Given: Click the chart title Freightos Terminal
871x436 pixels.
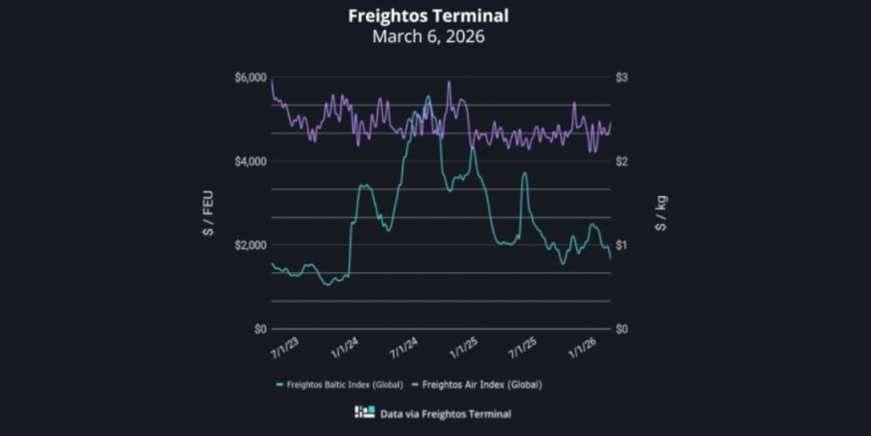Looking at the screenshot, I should (x=429, y=16).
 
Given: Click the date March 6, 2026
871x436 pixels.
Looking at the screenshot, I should (x=429, y=37).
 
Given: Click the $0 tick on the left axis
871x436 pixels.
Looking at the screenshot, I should (x=259, y=329).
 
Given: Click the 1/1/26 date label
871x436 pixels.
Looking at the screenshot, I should (x=581, y=350).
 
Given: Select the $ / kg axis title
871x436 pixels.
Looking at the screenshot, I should (x=662, y=213).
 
